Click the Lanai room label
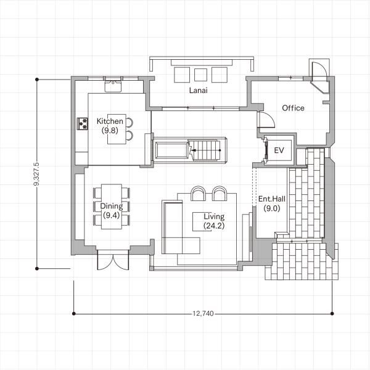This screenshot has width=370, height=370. click(x=198, y=90)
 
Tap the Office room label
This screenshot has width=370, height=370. click(x=293, y=108)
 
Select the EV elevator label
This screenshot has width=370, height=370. click(x=279, y=150)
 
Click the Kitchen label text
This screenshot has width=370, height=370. click(x=110, y=121)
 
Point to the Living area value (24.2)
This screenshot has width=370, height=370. click(x=214, y=226)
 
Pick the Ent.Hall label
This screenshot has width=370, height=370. click(x=272, y=199)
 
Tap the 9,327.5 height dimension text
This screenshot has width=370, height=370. click(x=36, y=174)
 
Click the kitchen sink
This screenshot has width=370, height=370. click(x=113, y=86)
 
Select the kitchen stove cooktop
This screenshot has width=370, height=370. click(x=83, y=124)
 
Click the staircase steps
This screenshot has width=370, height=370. click(x=205, y=150)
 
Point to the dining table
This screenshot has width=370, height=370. click(x=112, y=207)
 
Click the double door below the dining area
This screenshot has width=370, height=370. click(x=113, y=260)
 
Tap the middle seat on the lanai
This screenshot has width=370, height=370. click(x=200, y=75)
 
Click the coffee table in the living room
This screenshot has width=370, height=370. click(x=202, y=221)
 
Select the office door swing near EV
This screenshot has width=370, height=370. click(x=267, y=120)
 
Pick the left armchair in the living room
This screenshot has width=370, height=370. click(x=199, y=194)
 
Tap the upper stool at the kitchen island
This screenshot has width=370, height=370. click(x=129, y=123)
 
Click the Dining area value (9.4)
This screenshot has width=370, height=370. click(x=112, y=215)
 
